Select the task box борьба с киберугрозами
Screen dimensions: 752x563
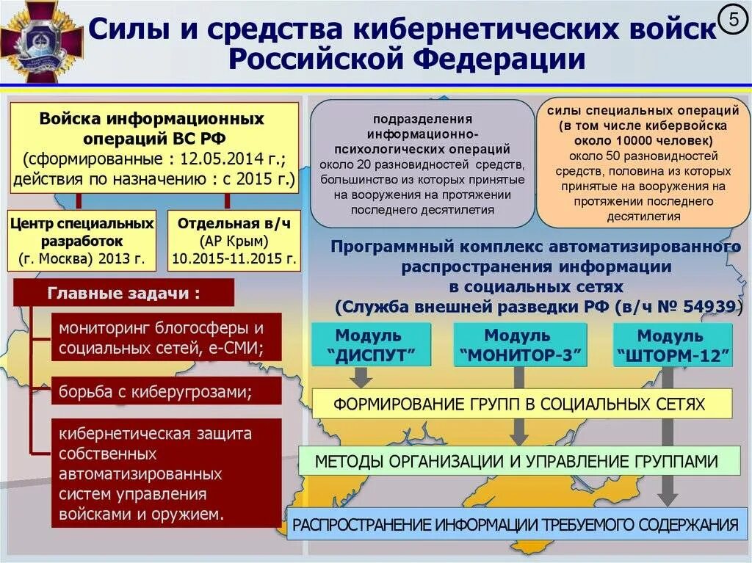(167, 391)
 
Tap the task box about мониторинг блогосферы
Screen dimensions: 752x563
(167, 338)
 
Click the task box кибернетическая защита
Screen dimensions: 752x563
(167, 473)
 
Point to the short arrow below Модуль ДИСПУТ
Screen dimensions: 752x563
(361, 377)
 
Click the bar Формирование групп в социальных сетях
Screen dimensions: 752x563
(522, 404)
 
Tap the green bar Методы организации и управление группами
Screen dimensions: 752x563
(518, 462)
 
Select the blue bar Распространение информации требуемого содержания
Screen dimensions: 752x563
(514, 525)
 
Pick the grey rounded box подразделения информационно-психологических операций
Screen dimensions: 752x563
(422, 164)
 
